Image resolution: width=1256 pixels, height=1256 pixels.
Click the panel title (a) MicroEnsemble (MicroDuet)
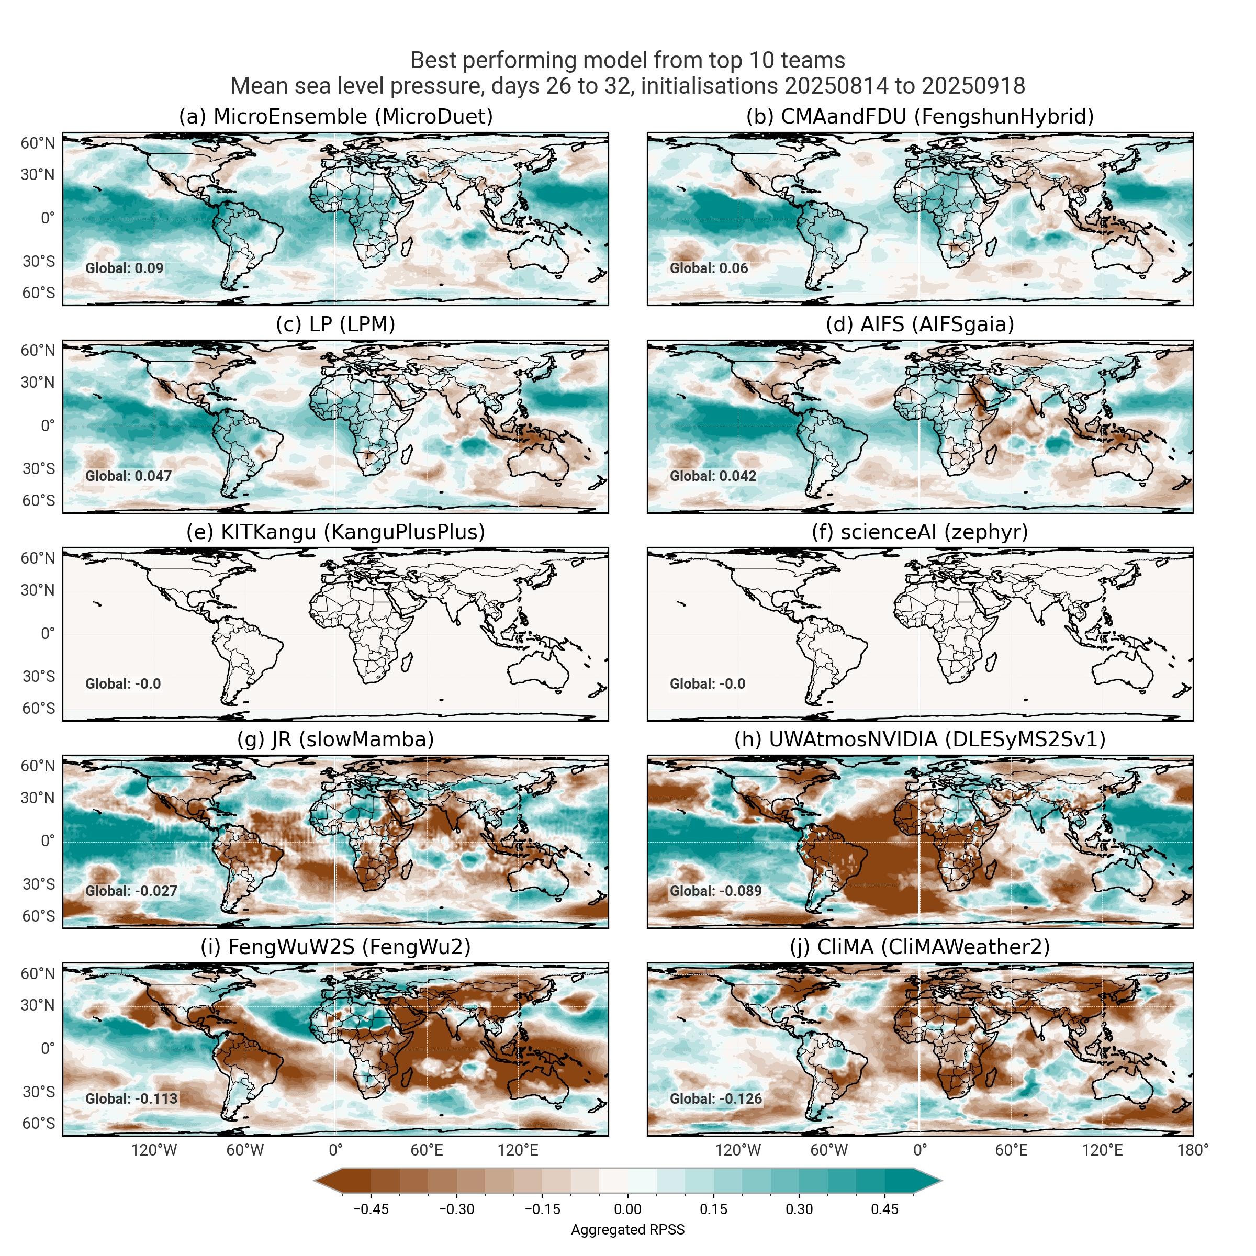coord(335,117)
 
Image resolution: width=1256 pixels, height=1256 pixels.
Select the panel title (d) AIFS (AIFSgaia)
coord(919,324)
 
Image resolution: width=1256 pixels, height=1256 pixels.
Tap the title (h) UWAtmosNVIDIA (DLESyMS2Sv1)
coord(919,740)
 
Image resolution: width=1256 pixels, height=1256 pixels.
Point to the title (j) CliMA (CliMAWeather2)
coord(919,947)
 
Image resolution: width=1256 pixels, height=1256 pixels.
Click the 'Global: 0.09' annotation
coord(124,268)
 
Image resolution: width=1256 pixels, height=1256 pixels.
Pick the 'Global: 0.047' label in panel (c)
coord(128,476)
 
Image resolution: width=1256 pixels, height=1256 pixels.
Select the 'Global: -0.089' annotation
coord(715,891)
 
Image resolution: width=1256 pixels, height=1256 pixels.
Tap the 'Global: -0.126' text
coord(715,1098)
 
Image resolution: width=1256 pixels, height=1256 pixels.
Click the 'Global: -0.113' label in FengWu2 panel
coord(131,1098)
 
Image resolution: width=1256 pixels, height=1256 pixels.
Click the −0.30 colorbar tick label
coord(456,1209)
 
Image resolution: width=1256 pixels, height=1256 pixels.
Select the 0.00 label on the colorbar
coord(627,1209)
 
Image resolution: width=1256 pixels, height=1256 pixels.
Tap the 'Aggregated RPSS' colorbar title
coord(627,1229)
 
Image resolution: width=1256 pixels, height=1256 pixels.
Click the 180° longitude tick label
coord(1192,1150)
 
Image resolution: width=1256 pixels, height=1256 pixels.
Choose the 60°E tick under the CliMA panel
coord(1011,1150)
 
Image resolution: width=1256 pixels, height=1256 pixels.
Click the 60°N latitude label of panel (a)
coord(38,143)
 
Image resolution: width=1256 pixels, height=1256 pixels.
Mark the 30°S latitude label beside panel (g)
coord(38,884)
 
